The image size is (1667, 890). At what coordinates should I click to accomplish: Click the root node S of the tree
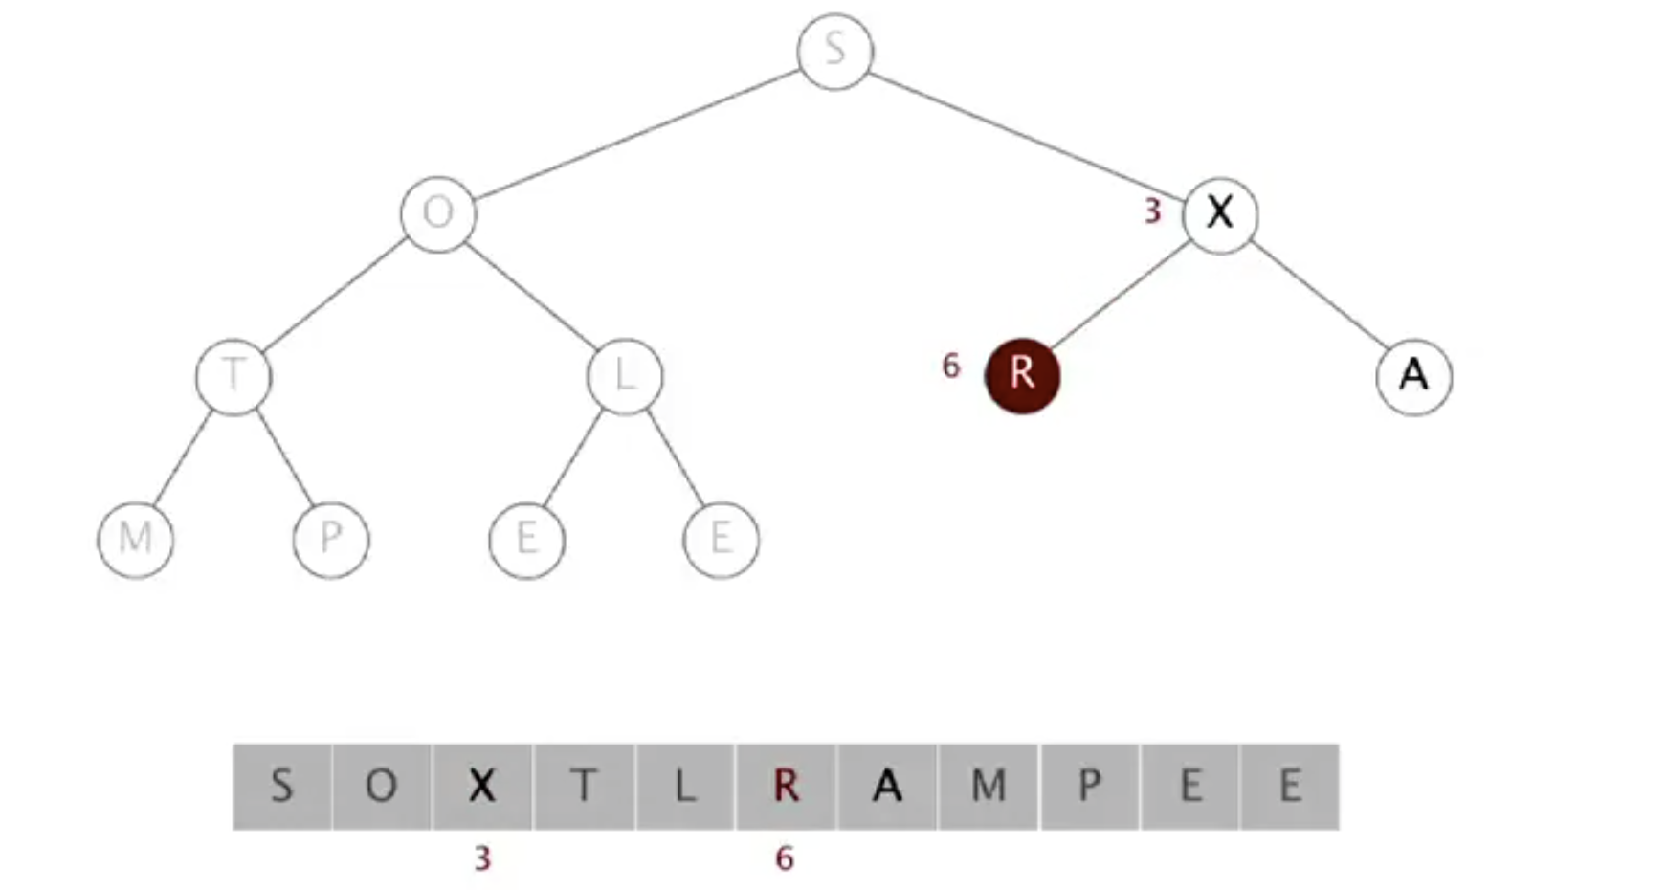coord(834,51)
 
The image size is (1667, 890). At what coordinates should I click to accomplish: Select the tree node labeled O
coord(438,213)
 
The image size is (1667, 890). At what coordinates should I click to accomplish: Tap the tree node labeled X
coord(1220,213)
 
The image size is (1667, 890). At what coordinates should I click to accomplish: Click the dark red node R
coord(1022,375)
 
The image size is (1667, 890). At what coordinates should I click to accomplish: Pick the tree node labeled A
coord(1413,376)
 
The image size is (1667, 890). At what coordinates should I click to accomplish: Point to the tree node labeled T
coord(233,376)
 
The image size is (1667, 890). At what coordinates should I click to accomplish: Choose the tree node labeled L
coord(625,376)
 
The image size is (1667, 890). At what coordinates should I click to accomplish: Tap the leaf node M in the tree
coord(136,539)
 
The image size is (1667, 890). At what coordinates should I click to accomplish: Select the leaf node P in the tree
coord(331,539)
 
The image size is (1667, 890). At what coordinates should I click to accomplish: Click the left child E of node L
coord(526,539)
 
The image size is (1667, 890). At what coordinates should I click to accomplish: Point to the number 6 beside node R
coord(950,366)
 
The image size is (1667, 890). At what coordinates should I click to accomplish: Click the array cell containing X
coord(481,787)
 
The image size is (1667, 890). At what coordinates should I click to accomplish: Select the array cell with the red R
coord(786,787)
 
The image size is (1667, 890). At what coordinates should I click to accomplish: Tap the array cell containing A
coord(887,787)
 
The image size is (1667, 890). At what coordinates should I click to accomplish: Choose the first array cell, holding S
coord(282,787)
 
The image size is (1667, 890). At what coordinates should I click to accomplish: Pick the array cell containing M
coord(989,787)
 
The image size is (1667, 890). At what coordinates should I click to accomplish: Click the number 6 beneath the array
coord(785,858)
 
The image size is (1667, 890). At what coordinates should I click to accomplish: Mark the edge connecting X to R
coord(1121,295)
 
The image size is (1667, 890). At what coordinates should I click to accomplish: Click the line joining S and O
coord(636,132)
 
